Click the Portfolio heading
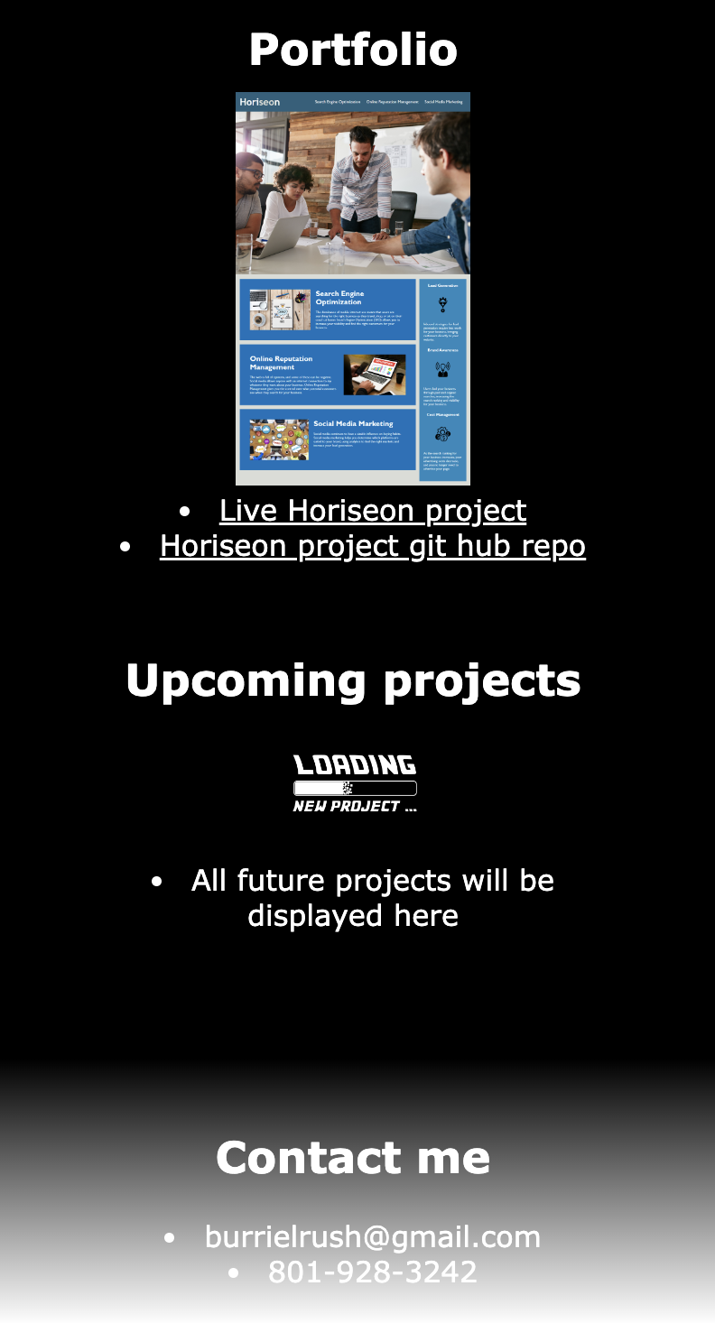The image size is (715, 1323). tap(353, 50)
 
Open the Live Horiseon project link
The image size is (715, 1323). tap(372, 511)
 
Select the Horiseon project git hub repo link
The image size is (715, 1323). tap(372, 546)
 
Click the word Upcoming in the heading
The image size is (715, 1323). tap(246, 680)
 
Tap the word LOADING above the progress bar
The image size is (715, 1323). tap(355, 765)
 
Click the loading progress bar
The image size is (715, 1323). tap(355, 788)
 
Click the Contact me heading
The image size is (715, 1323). tap(353, 1157)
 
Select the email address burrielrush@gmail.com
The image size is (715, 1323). tap(372, 1237)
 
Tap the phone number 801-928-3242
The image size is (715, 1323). tap(372, 1272)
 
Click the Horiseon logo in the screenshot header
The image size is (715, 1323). tap(259, 102)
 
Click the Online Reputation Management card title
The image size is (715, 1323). tap(282, 363)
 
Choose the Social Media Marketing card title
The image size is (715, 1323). tap(353, 423)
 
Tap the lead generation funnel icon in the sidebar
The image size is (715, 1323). tap(442, 303)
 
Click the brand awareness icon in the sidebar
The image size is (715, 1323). tap(442, 369)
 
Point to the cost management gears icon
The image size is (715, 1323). tap(442, 434)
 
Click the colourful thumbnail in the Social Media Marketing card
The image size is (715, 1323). tap(279, 439)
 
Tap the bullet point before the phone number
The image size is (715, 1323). tap(235, 1273)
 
